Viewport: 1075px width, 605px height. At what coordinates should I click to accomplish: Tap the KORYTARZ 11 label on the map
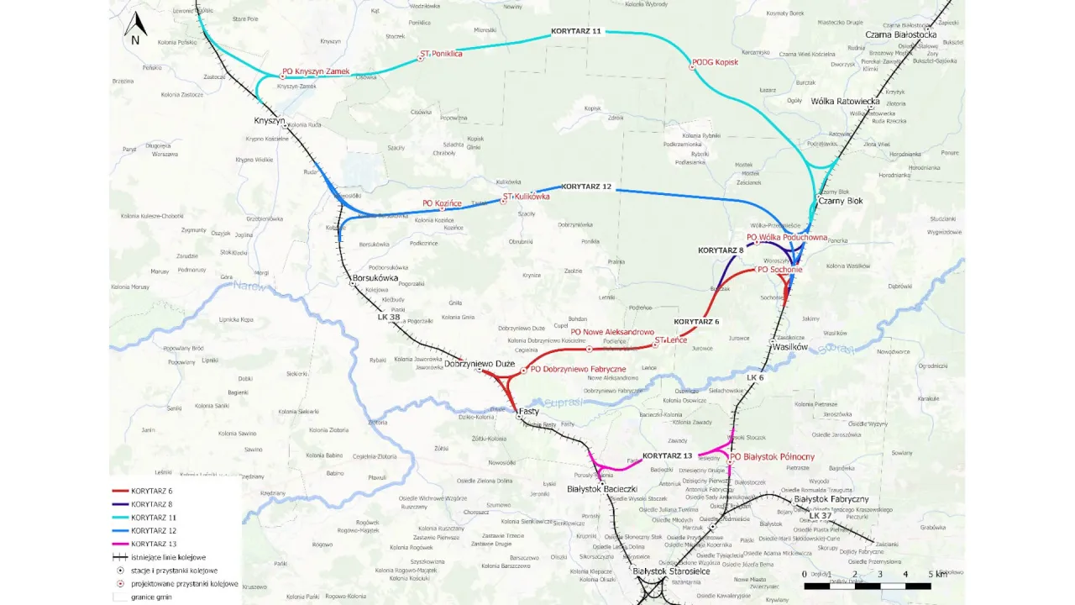[576, 31]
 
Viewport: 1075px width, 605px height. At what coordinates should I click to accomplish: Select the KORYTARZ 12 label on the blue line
[586, 186]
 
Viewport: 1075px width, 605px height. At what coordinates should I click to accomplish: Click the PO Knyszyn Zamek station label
[316, 72]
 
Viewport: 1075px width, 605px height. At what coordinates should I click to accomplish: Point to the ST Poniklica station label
[442, 54]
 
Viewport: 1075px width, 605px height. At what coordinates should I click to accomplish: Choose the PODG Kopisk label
[715, 63]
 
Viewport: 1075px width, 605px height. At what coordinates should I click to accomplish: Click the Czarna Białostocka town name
[901, 34]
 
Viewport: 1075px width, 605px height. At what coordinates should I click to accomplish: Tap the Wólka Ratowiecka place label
[845, 102]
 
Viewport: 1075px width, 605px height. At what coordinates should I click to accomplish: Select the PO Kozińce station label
[442, 203]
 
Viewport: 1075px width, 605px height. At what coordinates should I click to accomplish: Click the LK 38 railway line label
[389, 317]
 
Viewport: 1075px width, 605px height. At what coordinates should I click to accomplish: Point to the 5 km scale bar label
[935, 574]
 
